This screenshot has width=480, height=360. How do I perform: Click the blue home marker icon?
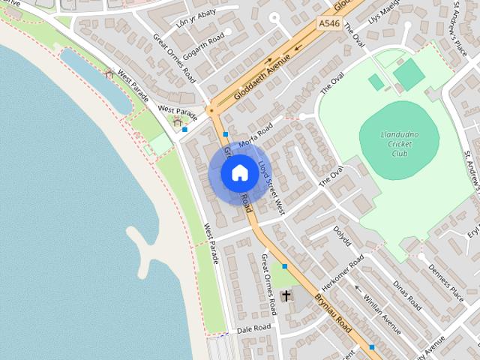click(238, 172)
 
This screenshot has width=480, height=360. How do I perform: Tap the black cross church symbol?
click(286, 295)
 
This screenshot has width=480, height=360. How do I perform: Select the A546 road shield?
click(328, 24)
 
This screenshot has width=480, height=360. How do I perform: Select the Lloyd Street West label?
click(271, 187)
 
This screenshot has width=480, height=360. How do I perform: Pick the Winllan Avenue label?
click(382, 307)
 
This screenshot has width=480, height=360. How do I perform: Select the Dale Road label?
click(253, 328)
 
